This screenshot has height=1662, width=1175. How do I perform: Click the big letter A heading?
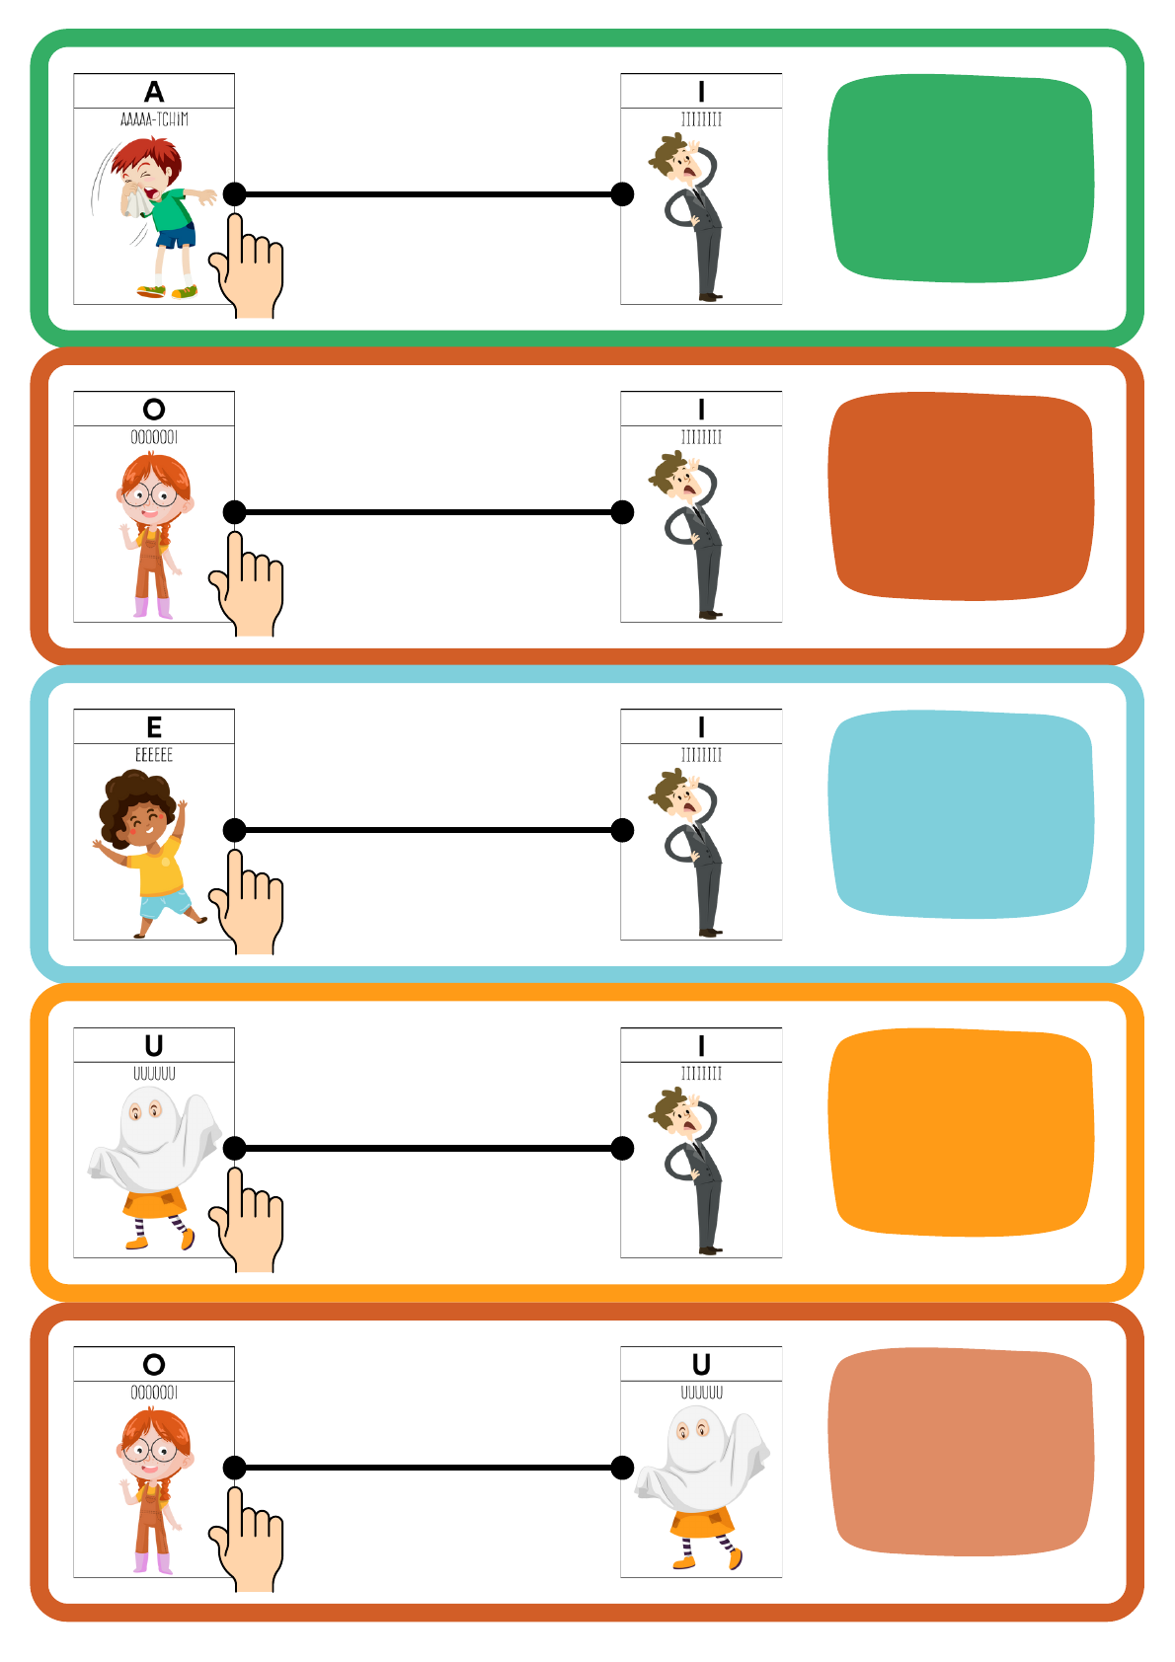[154, 91]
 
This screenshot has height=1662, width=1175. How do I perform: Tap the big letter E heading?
[154, 727]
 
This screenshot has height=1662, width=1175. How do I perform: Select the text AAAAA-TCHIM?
[154, 119]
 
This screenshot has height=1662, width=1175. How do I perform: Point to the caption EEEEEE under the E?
[154, 755]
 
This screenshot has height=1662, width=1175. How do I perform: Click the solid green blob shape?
[961, 178]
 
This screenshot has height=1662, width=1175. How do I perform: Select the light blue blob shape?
[961, 814]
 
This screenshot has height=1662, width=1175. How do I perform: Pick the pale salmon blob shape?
[961, 1451]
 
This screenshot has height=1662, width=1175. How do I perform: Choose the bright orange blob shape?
[961, 1132]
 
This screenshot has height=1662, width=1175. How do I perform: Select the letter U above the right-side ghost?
[701, 1365]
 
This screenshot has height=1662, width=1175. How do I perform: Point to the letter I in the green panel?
[701, 91]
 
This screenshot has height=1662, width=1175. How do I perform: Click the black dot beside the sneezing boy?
[235, 194]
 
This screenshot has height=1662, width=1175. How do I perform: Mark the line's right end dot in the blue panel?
[622, 830]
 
